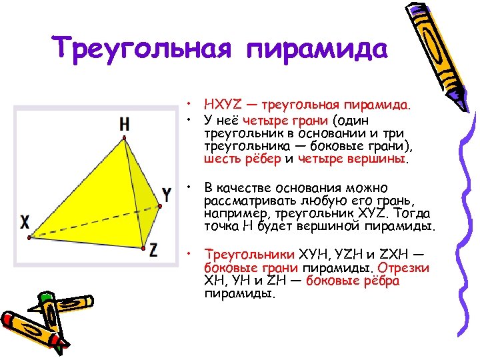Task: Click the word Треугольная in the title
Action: click(142, 49)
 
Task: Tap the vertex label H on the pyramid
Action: click(125, 123)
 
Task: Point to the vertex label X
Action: click(25, 221)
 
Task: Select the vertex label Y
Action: click(167, 195)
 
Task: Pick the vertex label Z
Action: click(154, 250)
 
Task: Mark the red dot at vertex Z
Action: click(143, 249)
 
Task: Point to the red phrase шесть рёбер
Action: click(242, 159)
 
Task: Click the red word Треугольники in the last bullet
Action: click(241, 255)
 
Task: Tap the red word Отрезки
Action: click(405, 268)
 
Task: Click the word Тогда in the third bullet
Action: click(413, 213)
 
